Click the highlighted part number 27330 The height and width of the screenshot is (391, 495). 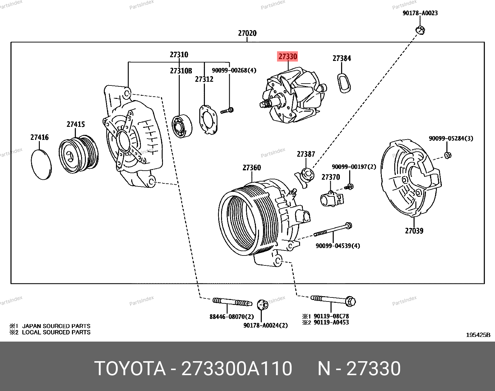click(288, 57)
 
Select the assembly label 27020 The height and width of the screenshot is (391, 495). click(247, 33)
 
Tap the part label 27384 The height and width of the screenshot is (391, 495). click(342, 58)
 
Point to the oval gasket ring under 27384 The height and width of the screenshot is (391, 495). click(344, 83)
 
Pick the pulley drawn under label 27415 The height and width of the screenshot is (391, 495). click(78, 154)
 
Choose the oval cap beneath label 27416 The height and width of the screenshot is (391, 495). click(41, 164)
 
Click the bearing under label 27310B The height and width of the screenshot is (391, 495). click(182, 126)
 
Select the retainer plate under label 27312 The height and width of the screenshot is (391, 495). click(208, 120)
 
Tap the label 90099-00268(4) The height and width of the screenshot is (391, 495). click(234, 71)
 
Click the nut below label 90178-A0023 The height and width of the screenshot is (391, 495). click(420, 30)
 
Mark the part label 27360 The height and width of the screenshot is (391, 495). click(252, 168)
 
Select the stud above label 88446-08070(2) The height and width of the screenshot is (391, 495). click(232, 301)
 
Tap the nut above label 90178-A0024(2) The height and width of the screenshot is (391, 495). click(263, 305)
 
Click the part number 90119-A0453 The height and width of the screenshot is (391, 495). click(331, 323)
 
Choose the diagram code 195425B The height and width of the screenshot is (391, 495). click(478, 335)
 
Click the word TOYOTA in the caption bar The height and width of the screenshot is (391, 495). click(130, 369)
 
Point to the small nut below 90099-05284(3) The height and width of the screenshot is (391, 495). click(448, 155)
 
